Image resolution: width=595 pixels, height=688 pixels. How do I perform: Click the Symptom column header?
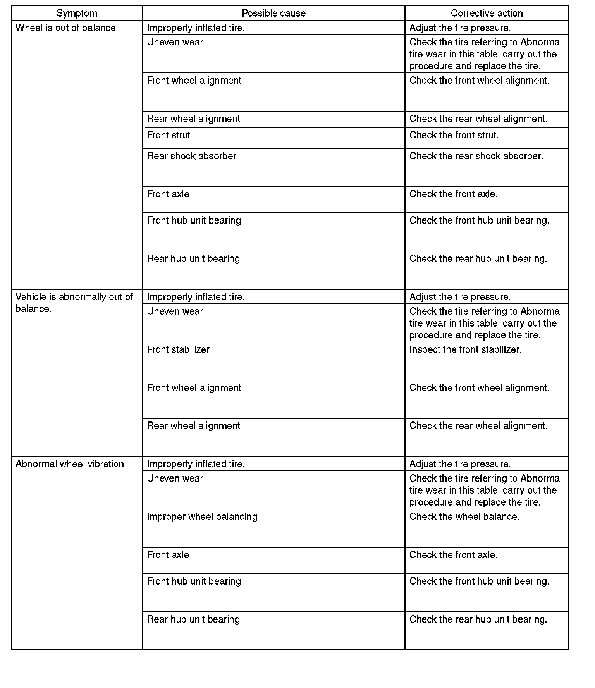(x=77, y=14)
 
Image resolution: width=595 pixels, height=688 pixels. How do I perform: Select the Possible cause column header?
(x=273, y=14)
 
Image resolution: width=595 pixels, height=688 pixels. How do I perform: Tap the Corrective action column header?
(x=487, y=14)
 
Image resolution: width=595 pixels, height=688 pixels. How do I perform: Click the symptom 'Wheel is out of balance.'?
(x=67, y=28)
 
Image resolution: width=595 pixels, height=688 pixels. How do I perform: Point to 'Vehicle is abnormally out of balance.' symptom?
(x=74, y=303)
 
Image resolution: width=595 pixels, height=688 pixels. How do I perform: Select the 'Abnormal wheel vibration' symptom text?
(x=70, y=464)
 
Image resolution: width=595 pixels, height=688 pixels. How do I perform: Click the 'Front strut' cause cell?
(x=169, y=135)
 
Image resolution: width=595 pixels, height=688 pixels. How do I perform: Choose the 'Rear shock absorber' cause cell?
(x=192, y=156)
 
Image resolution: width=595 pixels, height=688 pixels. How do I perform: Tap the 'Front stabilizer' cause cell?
(x=178, y=349)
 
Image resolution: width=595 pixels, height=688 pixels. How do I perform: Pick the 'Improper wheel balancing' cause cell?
(x=202, y=517)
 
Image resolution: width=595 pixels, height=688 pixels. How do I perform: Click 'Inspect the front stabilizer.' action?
(x=465, y=349)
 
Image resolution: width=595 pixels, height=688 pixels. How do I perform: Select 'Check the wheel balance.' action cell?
(x=464, y=517)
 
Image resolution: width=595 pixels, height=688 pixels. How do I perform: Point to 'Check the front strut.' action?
(x=454, y=135)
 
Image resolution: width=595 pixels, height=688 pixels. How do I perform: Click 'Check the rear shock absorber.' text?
(x=476, y=156)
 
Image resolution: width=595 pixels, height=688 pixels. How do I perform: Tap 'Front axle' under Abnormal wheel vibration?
(x=168, y=555)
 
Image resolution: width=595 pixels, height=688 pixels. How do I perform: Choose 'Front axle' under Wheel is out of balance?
(x=168, y=194)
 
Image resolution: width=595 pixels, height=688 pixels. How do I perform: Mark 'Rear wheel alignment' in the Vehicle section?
(x=194, y=426)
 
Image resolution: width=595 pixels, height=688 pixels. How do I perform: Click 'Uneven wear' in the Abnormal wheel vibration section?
(x=175, y=478)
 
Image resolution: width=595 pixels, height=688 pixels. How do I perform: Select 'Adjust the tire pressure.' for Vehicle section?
(x=460, y=297)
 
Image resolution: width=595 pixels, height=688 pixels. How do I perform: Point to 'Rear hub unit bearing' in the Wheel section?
(x=194, y=259)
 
